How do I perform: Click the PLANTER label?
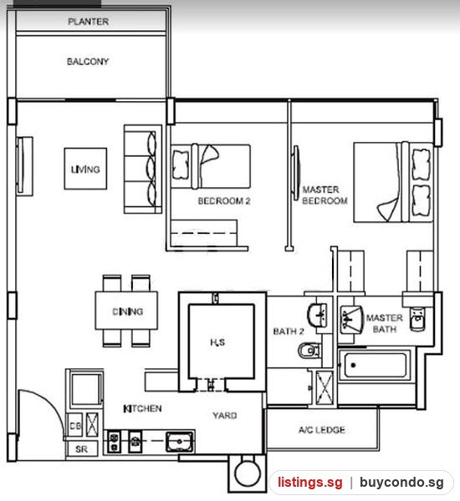click(89, 22)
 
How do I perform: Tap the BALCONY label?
click(88, 61)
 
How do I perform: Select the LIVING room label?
click(85, 169)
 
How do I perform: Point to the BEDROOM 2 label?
click(224, 201)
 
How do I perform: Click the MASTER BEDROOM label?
click(325, 195)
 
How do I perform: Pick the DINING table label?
click(127, 311)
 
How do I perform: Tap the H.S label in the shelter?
click(217, 342)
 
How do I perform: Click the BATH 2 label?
click(289, 331)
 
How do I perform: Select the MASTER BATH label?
click(385, 323)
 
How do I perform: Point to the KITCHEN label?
click(142, 408)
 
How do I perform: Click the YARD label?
click(225, 415)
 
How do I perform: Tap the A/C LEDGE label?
click(322, 430)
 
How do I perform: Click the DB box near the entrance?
click(75, 426)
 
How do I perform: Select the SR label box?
click(82, 449)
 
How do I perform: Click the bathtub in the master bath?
click(375, 365)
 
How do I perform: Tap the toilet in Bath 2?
click(309, 351)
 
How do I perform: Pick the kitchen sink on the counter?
click(180, 441)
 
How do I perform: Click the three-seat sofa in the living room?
click(143, 169)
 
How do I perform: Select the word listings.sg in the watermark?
click(309, 482)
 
